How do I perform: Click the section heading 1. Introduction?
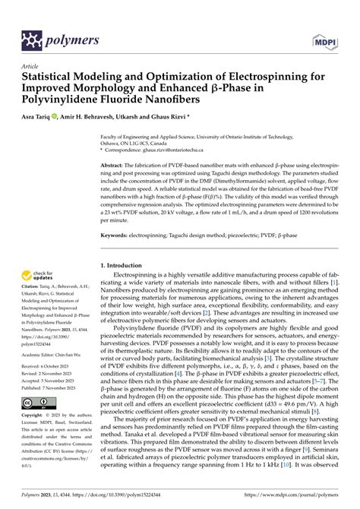(x=129, y=265)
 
